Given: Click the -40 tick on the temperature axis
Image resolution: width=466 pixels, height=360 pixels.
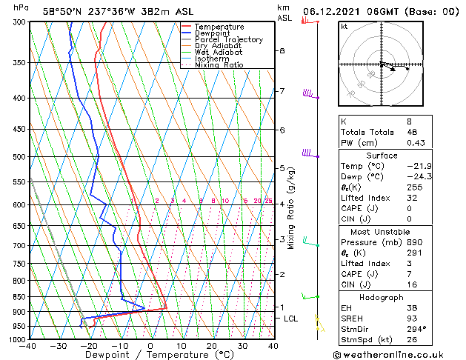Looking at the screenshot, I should pos(30,346).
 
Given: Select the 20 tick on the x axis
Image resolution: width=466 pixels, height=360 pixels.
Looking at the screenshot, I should pos(212,346).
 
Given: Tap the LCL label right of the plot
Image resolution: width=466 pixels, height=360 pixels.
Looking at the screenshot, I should pos(291,319).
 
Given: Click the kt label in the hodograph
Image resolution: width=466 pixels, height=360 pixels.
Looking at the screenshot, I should pos(344,27).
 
